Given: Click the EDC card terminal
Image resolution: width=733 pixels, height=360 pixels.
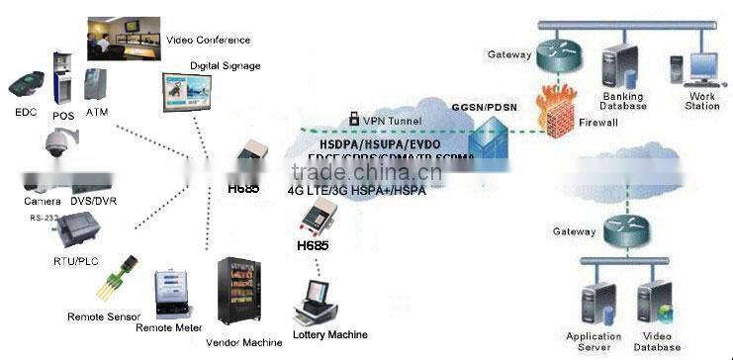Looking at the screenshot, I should (27, 82).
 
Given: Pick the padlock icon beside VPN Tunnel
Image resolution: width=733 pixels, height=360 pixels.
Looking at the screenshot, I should (352, 120).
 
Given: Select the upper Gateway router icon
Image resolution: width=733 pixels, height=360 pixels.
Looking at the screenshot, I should (560, 55).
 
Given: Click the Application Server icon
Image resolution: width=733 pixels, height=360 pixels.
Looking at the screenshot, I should (594, 302).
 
